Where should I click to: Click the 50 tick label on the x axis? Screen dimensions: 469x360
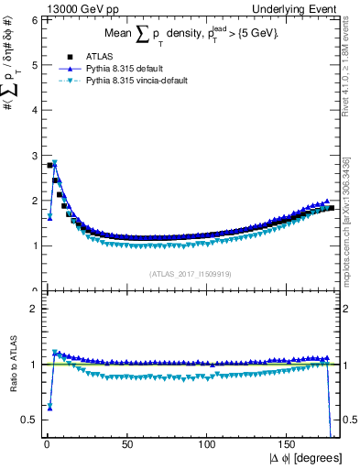pos(127,442)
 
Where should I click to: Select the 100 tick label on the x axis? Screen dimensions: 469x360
pos(208,442)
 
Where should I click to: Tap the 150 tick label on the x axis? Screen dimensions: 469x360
pos(289,442)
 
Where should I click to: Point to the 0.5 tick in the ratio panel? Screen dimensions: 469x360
pos(29,420)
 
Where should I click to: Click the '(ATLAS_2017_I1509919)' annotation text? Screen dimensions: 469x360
pos(190,272)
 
